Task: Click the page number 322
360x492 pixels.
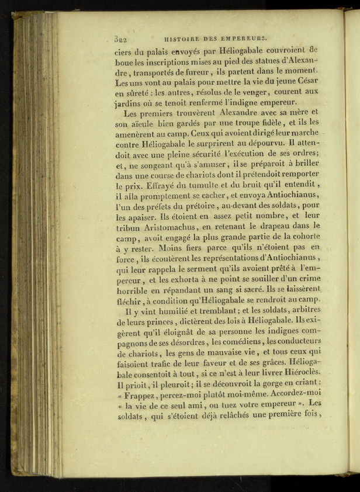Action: pos(121,39)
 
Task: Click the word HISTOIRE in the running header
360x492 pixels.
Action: pos(184,39)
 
